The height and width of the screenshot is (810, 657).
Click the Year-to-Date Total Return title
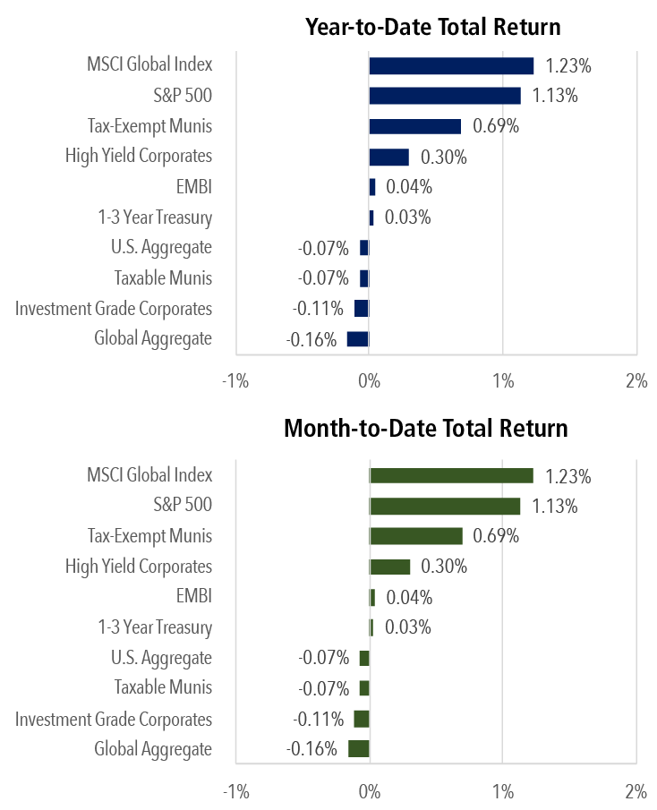[x=433, y=26]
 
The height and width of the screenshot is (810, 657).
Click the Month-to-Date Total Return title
[x=425, y=429]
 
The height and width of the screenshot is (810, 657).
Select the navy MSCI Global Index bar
[x=451, y=65]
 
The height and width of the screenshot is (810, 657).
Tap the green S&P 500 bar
[x=444, y=507]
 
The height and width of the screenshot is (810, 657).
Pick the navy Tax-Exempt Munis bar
[x=414, y=126]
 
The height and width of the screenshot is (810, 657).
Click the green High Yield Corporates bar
[x=389, y=567]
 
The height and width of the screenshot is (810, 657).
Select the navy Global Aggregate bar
[x=358, y=338]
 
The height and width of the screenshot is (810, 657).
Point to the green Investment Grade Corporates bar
[x=362, y=719]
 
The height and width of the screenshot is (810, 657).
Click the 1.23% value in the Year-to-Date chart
[x=568, y=65]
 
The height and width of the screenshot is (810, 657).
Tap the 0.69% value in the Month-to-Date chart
[x=496, y=536]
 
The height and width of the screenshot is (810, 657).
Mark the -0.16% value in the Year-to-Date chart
[x=311, y=339]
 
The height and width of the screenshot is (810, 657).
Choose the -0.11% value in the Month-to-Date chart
[x=318, y=719]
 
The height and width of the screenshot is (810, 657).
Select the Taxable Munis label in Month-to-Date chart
[x=163, y=687]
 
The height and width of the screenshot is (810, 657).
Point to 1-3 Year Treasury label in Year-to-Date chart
[x=155, y=217]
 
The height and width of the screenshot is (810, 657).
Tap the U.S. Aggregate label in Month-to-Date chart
[x=161, y=658]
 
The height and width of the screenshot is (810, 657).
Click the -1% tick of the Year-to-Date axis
[x=235, y=382]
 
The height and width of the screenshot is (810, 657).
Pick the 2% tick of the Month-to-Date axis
[x=636, y=792]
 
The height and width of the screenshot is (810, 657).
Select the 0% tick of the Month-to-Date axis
[x=369, y=792]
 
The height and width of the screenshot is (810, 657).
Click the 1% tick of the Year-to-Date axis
[x=503, y=382]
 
